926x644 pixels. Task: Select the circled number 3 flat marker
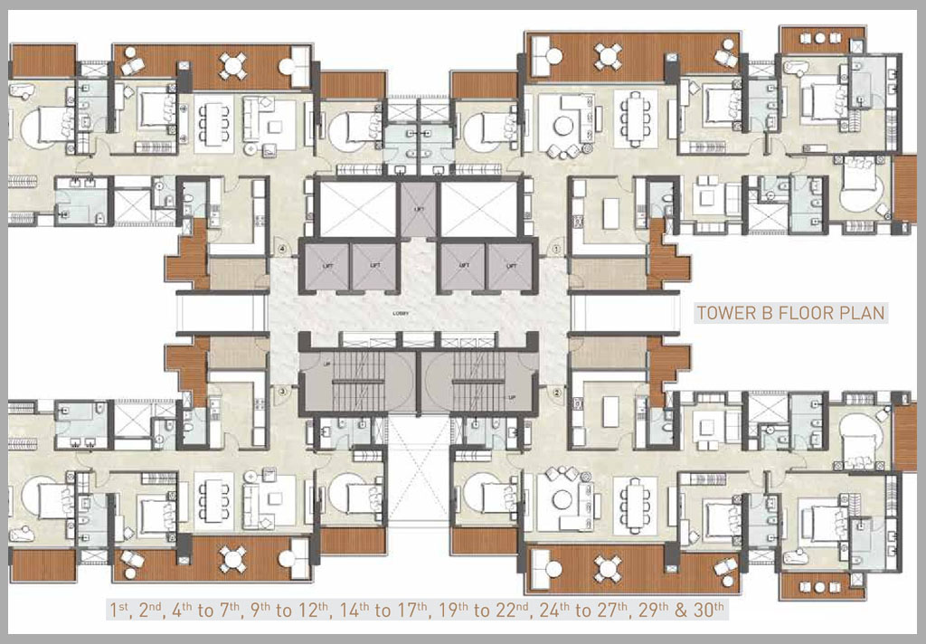tap(282, 392)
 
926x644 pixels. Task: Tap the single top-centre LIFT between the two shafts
tap(419, 208)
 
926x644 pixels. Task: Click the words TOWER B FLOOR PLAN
tap(790, 314)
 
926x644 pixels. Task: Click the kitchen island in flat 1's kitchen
tap(609, 214)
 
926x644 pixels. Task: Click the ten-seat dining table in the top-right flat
tap(635, 118)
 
